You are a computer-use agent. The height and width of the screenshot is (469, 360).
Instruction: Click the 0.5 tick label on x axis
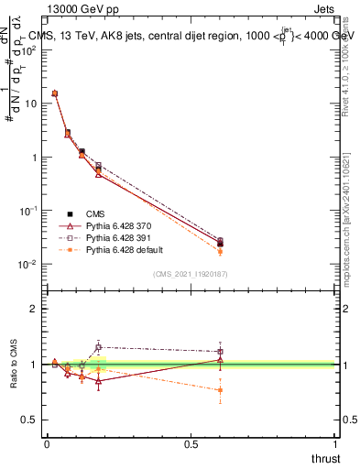click(x=191, y=444)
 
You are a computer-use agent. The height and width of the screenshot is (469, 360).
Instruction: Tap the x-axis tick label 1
click(x=335, y=444)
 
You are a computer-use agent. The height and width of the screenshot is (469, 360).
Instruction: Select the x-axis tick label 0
click(x=47, y=444)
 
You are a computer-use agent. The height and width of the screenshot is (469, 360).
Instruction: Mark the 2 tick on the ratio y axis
click(x=35, y=309)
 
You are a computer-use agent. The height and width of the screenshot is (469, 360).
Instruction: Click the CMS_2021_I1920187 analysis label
click(x=190, y=274)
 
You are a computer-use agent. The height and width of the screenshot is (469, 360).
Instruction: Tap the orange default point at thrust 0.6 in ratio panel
click(x=221, y=390)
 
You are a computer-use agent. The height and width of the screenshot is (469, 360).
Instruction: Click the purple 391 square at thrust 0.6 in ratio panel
click(x=221, y=352)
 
